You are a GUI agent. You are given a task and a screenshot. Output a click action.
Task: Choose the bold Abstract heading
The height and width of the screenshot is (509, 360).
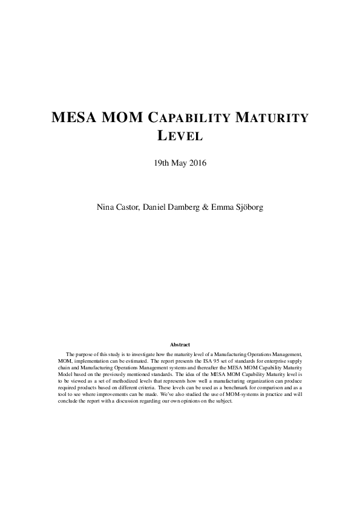(x=180, y=345)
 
